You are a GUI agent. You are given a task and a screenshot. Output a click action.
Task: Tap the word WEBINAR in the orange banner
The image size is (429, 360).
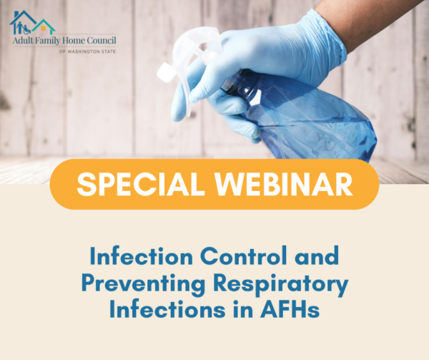[x=275, y=184]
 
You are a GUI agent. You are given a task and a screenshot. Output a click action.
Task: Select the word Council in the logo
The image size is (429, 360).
[x=100, y=42]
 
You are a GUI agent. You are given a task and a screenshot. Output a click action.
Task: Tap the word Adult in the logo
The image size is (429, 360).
[x=24, y=42]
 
